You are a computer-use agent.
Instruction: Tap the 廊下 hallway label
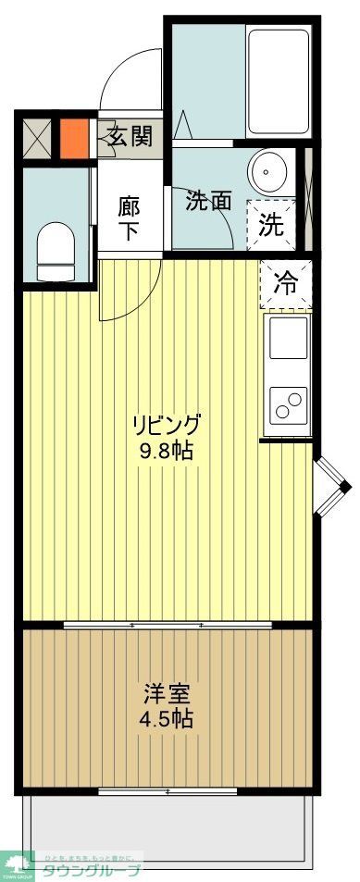[x=129, y=217]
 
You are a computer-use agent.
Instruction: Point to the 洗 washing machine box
[x=270, y=223]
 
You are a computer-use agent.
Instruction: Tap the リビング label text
[x=167, y=426]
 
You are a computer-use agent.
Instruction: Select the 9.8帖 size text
[x=168, y=452]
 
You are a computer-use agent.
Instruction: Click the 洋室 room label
[x=168, y=692]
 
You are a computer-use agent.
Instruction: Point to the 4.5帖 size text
[x=168, y=718]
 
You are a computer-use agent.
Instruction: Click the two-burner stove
[x=287, y=405]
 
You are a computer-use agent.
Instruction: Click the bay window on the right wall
[x=330, y=485]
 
